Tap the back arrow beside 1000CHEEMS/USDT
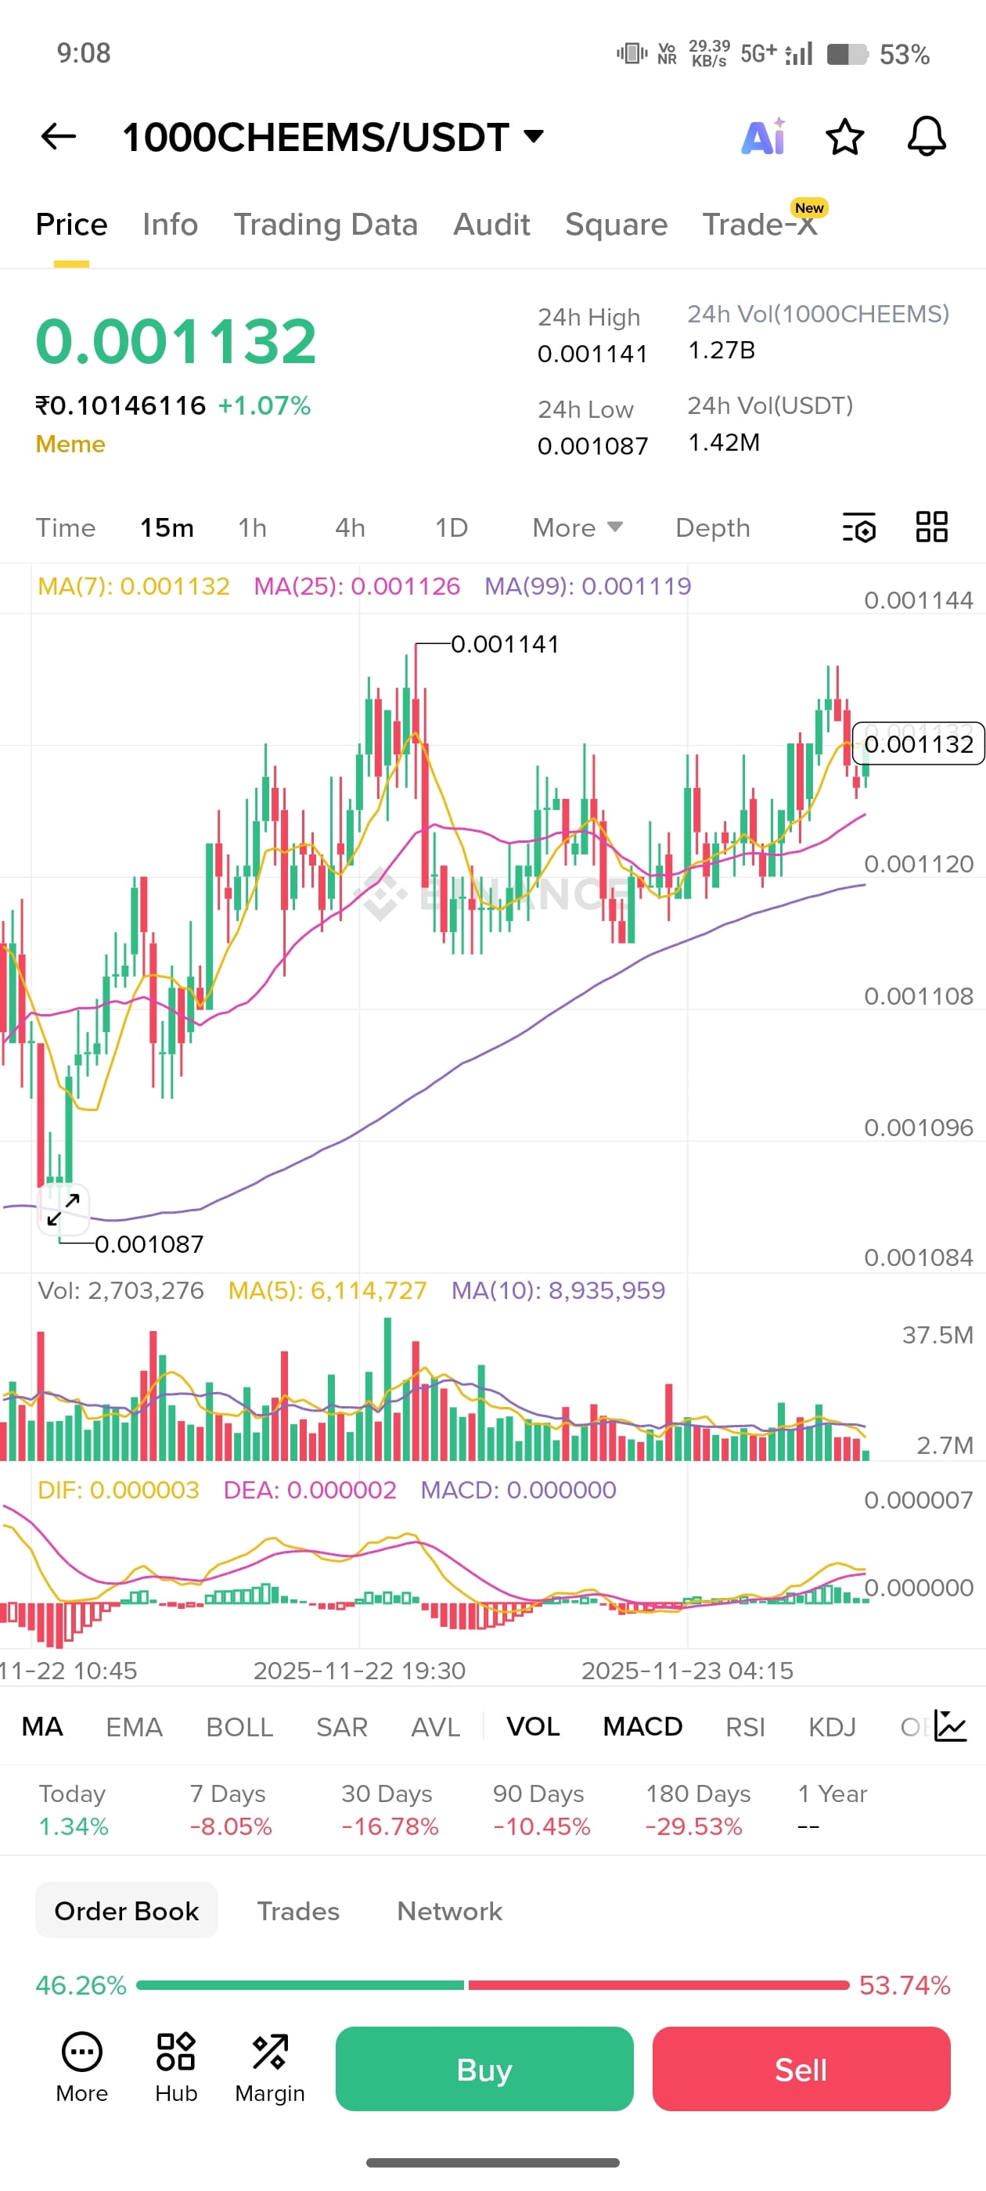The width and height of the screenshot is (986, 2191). tap(58, 136)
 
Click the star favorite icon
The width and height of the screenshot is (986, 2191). tap(844, 137)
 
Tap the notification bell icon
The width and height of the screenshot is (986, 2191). tap(927, 136)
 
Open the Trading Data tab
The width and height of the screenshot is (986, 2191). tap(325, 225)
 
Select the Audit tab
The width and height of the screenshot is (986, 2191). tap(491, 225)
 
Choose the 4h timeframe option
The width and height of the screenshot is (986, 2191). tap(350, 527)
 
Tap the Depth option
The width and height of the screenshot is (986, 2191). tap(712, 527)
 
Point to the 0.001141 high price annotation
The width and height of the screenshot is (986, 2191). tap(505, 644)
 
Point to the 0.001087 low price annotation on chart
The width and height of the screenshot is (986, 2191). tap(149, 1244)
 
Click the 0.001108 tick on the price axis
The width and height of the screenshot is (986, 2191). tap(918, 996)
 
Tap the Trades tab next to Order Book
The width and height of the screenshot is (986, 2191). tap(298, 1911)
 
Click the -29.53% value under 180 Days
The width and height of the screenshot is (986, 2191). tap(693, 1826)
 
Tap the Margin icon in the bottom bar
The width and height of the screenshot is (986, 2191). tap(270, 2067)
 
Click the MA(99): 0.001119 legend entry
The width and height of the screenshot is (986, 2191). tap(587, 586)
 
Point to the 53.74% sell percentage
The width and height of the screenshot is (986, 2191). tap(904, 1985)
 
